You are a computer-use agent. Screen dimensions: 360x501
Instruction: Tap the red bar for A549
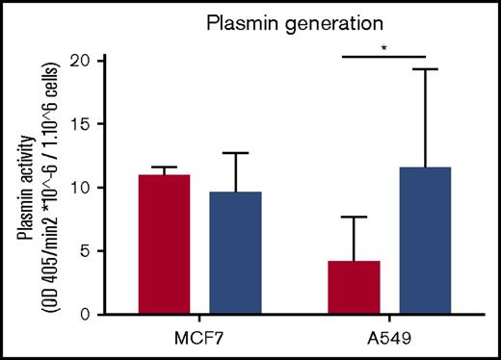[x=355, y=288]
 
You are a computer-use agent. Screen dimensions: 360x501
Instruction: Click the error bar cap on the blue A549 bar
[x=425, y=69]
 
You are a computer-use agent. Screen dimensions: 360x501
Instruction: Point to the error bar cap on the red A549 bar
[x=355, y=218]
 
